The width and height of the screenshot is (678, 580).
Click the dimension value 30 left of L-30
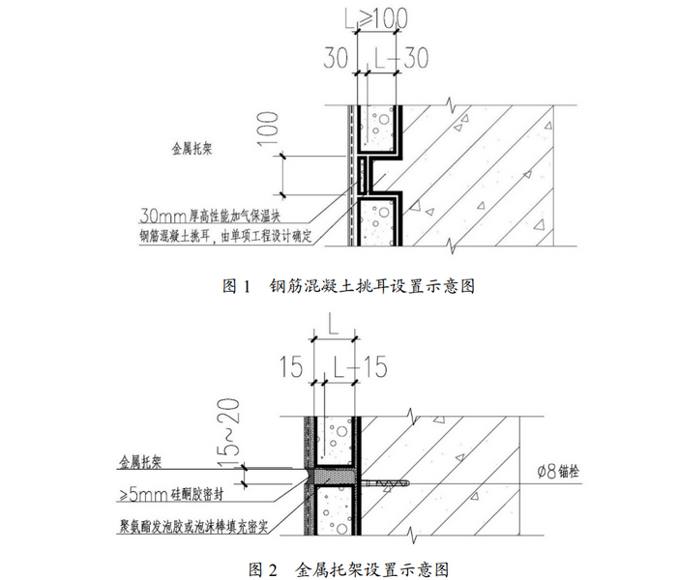337,58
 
